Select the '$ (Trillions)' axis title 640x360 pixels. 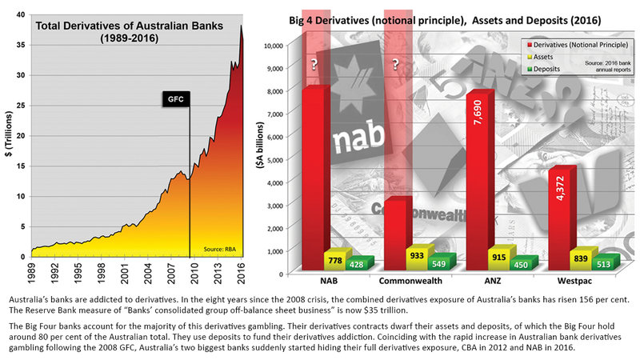[9, 136]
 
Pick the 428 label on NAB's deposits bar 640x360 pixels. [358, 265]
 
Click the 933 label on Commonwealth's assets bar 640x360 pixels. [418, 254]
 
